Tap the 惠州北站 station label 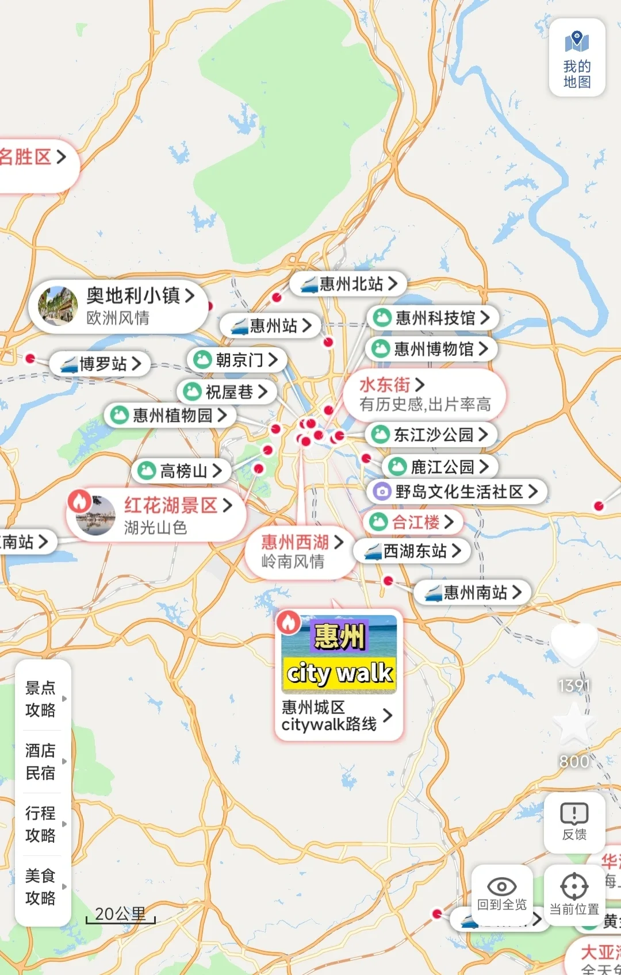(x=348, y=284)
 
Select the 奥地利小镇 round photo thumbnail (x=57, y=306)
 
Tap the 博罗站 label (x=101, y=364)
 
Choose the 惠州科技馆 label (x=432, y=318)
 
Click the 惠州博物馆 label (x=431, y=349)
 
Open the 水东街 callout (x=424, y=394)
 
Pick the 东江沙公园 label (x=431, y=435)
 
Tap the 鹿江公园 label (x=440, y=467)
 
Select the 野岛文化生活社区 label (x=457, y=492)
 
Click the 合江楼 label (x=412, y=522)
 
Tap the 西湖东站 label (x=412, y=551)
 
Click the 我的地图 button (x=577, y=58)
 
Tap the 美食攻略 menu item (x=41, y=886)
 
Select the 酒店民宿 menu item (x=41, y=761)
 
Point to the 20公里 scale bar (x=120, y=915)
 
